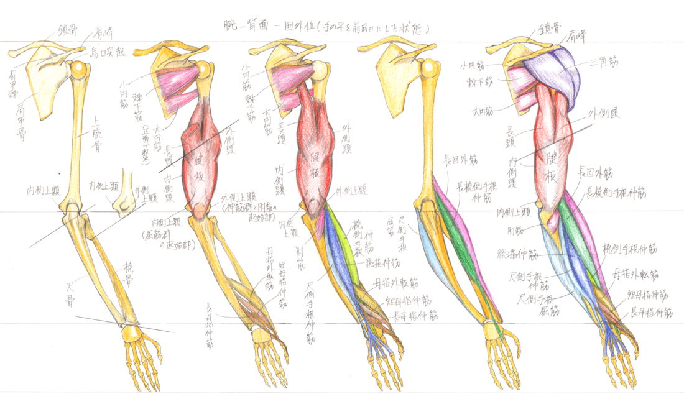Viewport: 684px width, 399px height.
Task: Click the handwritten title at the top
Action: pos(326,27)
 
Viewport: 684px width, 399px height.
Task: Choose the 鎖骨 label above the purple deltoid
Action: pos(547,29)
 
